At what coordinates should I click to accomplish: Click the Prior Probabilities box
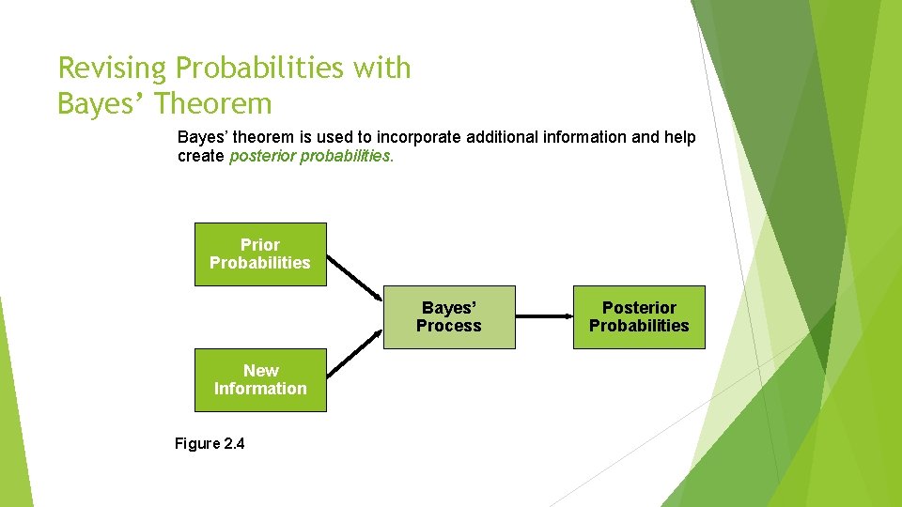(260, 253)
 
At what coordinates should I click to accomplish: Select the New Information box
(260, 379)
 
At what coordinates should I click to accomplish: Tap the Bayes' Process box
(449, 316)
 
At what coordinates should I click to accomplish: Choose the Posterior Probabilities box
(639, 316)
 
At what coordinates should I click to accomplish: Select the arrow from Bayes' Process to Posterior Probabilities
(544, 316)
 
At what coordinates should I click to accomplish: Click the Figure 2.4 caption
(210, 443)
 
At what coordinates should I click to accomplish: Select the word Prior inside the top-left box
(260, 245)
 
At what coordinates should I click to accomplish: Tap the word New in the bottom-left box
(260, 371)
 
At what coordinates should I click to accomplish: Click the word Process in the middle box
(449, 326)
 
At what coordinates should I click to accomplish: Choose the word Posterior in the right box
(639, 308)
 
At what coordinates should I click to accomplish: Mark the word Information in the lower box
(260, 389)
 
